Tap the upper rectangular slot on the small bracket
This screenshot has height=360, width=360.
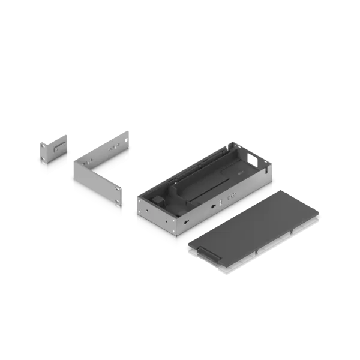pos(58,145)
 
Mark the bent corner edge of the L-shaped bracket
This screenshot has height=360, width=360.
pos(74,176)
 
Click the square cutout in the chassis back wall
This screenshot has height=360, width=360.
pos(254,161)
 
